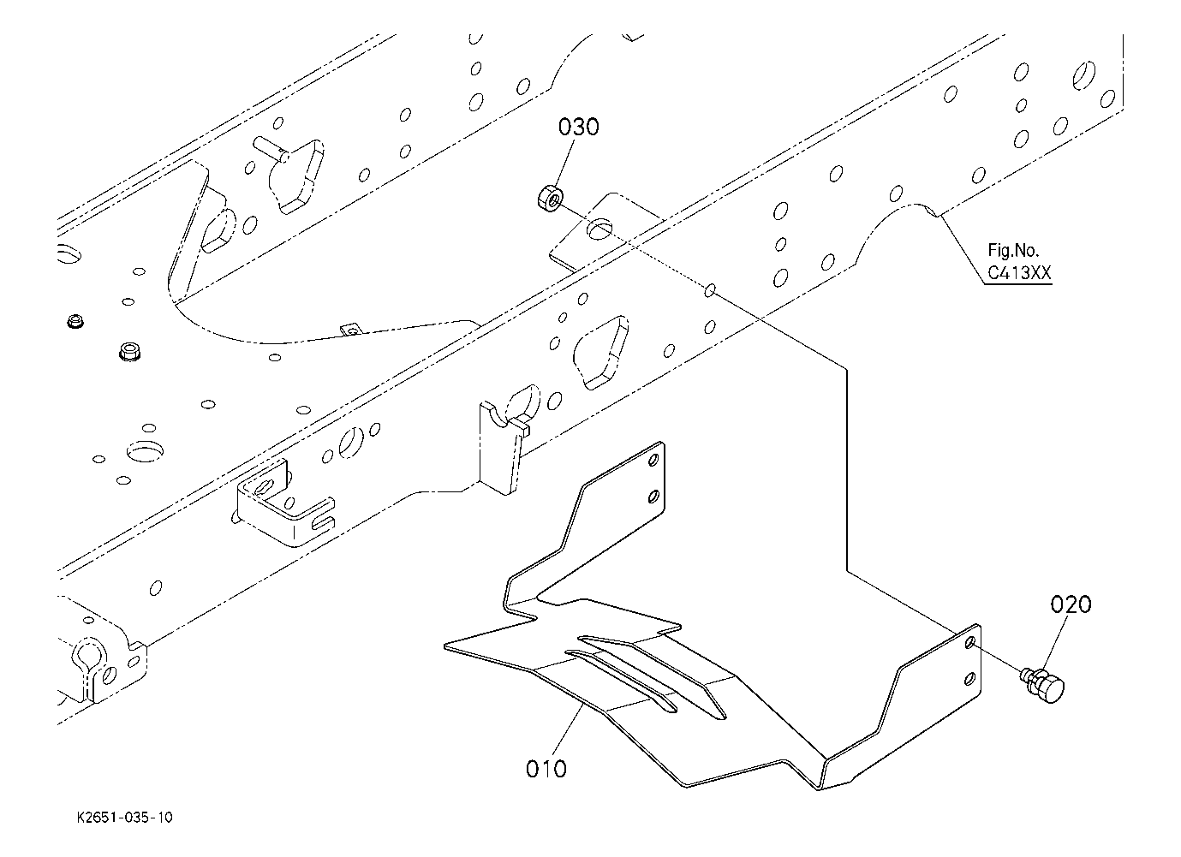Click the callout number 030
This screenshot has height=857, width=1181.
(x=578, y=127)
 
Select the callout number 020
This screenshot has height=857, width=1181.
(x=1071, y=604)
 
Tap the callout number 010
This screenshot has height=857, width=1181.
(x=546, y=769)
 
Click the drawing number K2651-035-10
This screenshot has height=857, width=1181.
(x=124, y=818)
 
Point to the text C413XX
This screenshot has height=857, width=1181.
(x=1019, y=273)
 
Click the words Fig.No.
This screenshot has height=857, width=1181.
(x=1013, y=250)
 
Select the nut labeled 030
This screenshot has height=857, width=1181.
(x=550, y=198)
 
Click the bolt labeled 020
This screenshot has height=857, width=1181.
(x=1042, y=685)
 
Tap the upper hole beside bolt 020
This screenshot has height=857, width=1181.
(x=969, y=642)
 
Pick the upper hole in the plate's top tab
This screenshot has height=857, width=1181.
(x=653, y=460)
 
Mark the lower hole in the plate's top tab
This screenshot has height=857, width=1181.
(x=653, y=496)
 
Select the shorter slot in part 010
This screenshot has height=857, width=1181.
(x=621, y=681)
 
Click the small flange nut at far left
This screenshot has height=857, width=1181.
(x=75, y=321)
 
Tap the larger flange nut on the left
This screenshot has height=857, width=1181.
(x=129, y=351)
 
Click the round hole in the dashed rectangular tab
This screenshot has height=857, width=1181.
(x=600, y=229)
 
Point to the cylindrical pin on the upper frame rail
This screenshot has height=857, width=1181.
(x=271, y=149)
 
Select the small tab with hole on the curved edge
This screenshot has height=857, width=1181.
(x=349, y=330)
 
